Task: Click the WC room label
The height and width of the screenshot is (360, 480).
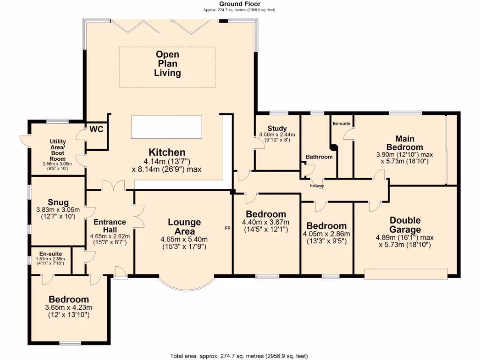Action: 96,129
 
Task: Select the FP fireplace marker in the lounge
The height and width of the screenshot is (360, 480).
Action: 227,228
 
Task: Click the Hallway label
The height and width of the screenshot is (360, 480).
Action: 317,186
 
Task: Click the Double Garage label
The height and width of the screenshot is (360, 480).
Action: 405,225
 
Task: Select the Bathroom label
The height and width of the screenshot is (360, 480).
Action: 319,157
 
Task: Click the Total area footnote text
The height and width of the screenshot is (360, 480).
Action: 240,356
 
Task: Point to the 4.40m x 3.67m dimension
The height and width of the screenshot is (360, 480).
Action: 265,222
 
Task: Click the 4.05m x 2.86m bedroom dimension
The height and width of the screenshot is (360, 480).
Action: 326,234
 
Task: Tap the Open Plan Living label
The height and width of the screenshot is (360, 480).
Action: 168,64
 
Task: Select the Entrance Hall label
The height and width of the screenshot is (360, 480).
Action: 110,226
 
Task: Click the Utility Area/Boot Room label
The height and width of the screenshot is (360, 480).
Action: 58,148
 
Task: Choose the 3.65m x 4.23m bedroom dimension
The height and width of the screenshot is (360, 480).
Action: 68,307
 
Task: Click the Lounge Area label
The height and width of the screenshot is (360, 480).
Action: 184,227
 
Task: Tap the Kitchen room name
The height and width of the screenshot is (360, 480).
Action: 167,152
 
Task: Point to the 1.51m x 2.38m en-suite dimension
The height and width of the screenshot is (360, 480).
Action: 51,258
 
